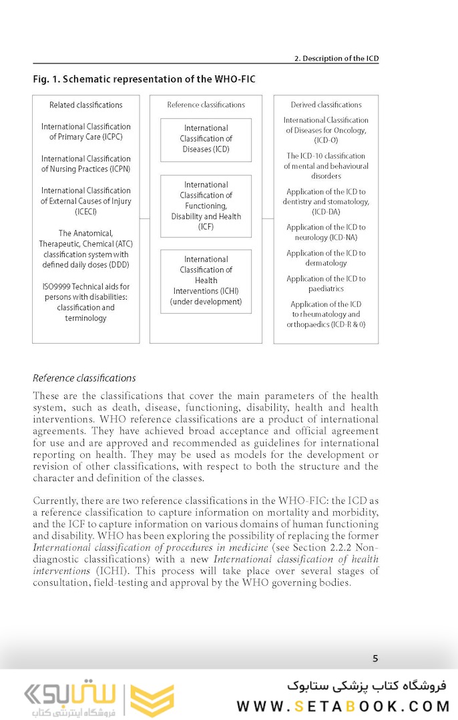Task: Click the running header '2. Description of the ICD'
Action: (x=336, y=59)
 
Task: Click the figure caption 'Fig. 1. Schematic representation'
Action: (x=144, y=79)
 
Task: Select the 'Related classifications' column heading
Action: (x=86, y=105)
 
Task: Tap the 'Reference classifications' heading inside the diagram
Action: (x=206, y=105)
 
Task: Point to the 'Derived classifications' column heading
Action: (x=326, y=105)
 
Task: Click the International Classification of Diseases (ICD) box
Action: (x=206, y=139)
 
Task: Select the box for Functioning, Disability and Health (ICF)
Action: (x=206, y=206)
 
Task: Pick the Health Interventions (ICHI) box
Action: (x=206, y=280)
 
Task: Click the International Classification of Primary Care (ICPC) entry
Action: (x=86, y=131)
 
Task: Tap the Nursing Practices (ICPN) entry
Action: (x=86, y=163)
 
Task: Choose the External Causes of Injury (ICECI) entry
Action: (x=86, y=201)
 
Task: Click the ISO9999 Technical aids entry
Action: (x=86, y=302)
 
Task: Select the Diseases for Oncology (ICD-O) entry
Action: (x=326, y=130)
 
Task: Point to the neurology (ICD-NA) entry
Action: (x=326, y=232)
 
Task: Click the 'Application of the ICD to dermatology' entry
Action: (x=326, y=258)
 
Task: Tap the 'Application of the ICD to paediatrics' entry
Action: (x=326, y=284)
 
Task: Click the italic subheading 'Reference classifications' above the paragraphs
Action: (x=84, y=378)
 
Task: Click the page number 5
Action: (x=375, y=659)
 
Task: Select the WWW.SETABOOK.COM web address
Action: (x=344, y=706)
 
